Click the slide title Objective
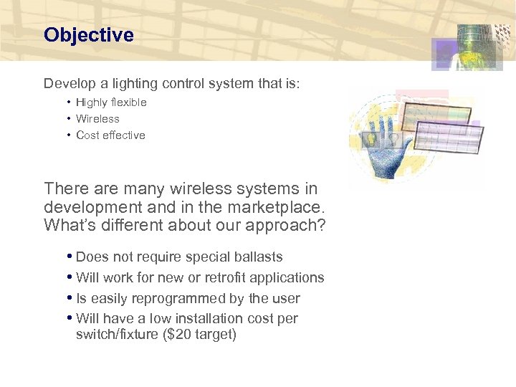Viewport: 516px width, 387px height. (x=88, y=35)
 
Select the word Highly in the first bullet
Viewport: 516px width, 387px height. (x=92, y=102)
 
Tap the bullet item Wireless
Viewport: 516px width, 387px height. (x=97, y=119)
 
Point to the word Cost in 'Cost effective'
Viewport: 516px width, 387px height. (x=87, y=135)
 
